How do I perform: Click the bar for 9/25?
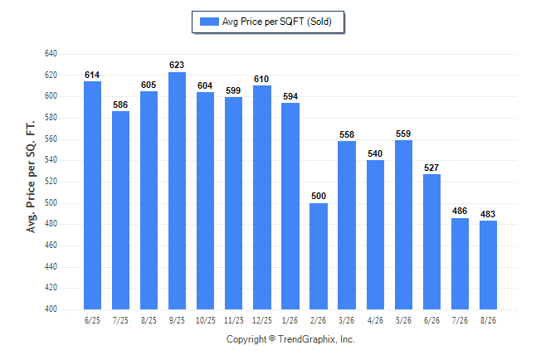pos(177,191)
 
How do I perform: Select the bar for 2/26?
pos(319,256)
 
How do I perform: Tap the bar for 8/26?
pos(488,265)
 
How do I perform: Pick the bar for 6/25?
pos(92,195)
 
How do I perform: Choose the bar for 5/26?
pos(403,225)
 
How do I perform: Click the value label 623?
pos(177,65)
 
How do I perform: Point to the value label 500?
pos(319,196)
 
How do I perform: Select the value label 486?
pos(460,211)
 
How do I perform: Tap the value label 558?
pos(347,134)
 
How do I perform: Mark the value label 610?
pos(261,80)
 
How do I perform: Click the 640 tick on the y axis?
pos(51,54)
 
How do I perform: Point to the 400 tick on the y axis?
pos(51,309)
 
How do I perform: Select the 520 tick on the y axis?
pos(51,181)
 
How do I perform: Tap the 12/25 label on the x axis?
pos(262,321)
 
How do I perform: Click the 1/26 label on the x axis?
pos(290,321)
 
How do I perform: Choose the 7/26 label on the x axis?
pos(460,321)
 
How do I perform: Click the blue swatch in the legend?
pos(209,22)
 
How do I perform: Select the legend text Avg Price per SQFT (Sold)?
pos(277,22)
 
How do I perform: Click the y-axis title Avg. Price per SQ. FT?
pos(31,177)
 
